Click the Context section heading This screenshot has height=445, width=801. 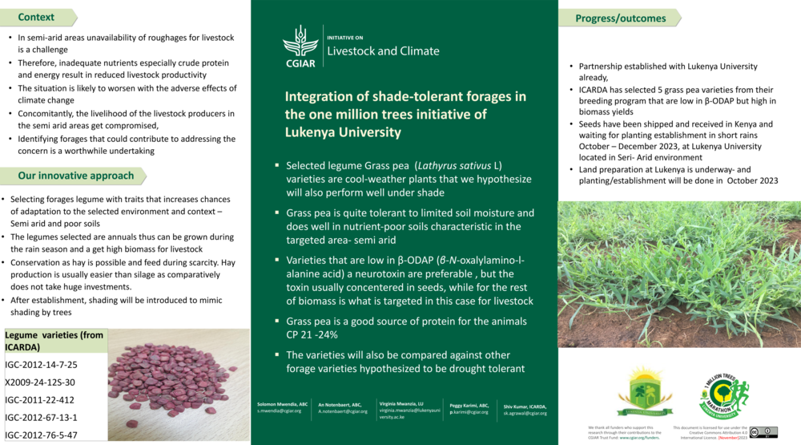click(37, 17)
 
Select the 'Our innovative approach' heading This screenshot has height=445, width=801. click(76, 176)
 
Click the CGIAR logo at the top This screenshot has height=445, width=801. click(300, 47)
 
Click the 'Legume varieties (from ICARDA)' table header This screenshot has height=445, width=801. click(53, 341)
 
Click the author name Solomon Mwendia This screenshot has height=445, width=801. click(282, 405)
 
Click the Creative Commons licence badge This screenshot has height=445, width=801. click(763, 432)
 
